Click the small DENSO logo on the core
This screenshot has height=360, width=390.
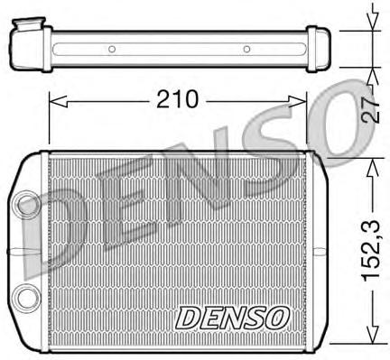tap(232, 317)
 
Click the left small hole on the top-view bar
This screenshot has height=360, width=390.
tap(111, 49)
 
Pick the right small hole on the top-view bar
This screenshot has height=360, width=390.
tap(246, 49)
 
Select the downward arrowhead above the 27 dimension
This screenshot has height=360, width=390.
tap(370, 20)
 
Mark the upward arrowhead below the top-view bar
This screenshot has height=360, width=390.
tap(370, 73)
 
